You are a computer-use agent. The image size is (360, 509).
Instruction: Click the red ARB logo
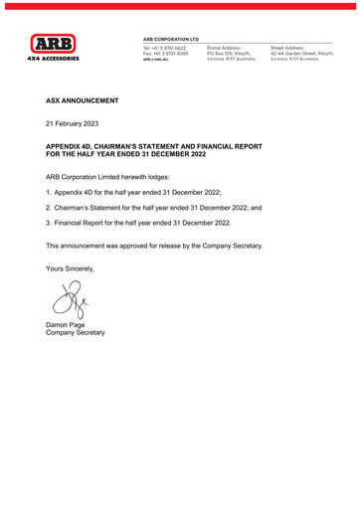53,44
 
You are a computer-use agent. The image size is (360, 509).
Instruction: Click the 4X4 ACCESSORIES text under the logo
53,59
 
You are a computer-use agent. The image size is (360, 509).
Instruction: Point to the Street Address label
287,47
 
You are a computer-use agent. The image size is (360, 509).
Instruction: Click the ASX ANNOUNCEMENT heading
83,101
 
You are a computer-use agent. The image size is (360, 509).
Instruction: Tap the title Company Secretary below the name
76,333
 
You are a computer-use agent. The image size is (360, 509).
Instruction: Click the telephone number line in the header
166,47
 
